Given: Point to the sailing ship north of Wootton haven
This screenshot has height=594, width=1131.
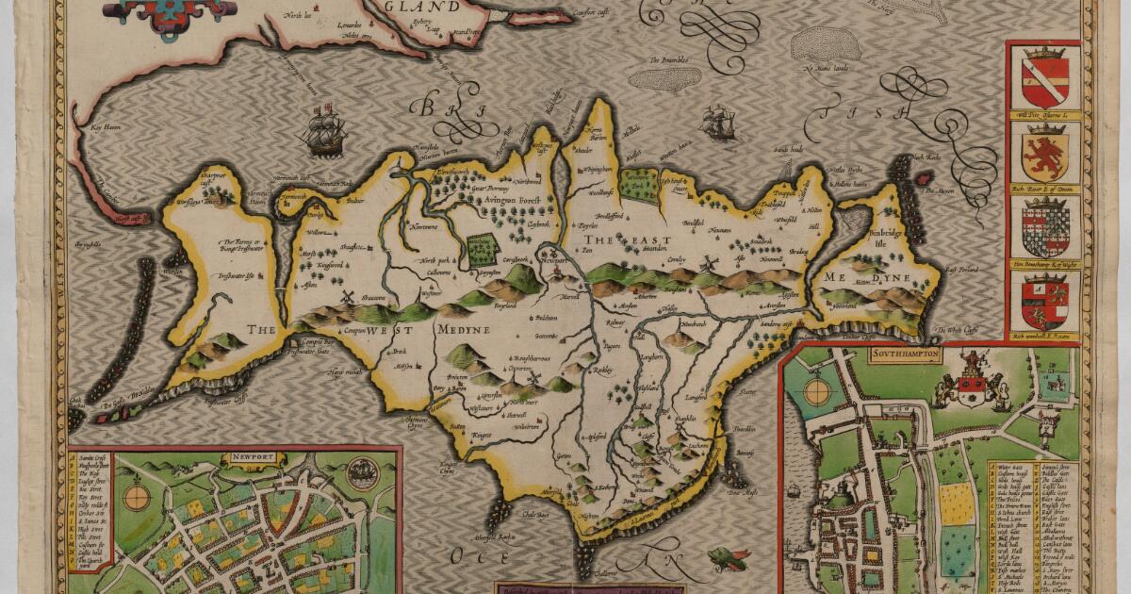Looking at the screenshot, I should (718, 123).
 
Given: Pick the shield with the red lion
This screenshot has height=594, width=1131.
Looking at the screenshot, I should (1044, 157).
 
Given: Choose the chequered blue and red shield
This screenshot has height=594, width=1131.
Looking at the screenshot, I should (1043, 227).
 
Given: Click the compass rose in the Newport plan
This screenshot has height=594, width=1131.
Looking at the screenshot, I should (138, 493).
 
